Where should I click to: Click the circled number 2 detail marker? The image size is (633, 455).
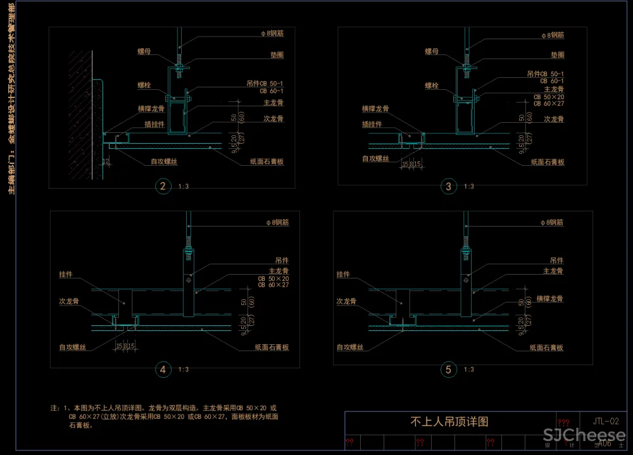(163, 186)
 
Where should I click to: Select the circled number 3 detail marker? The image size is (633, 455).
(449, 186)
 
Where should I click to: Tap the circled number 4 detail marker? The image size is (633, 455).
(163, 370)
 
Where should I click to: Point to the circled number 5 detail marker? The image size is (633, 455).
(449, 370)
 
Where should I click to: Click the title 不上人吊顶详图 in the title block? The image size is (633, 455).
(449, 421)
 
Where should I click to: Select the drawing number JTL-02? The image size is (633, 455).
(606, 421)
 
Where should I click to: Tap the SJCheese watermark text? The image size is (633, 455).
(584, 436)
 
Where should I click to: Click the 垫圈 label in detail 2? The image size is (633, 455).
(275, 56)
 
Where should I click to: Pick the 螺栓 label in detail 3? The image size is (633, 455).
(432, 85)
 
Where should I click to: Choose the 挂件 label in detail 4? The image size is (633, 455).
(66, 275)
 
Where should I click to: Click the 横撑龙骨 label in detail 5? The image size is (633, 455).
(549, 299)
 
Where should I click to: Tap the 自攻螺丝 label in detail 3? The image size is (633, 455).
(377, 159)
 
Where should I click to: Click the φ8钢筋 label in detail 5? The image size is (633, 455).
(552, 223)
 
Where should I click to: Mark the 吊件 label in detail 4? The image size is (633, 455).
(282, 261)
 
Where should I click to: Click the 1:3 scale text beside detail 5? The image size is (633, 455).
(470, 370)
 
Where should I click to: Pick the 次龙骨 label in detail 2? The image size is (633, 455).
(273, 118)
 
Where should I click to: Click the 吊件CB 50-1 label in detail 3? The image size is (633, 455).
(546, 74)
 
